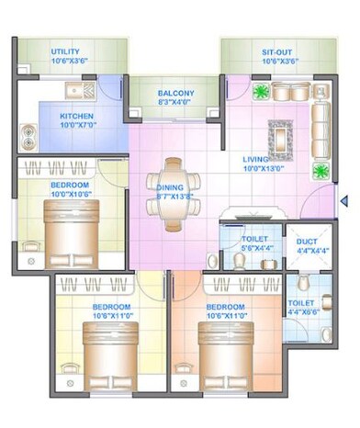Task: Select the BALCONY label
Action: pyautogui.click(x=175, y=93)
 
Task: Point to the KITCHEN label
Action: pyautogui.click(x=78, y=116)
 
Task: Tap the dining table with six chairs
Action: pyautogui.click(x=174, y=194)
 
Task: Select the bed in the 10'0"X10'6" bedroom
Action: pyautogui.click(x=69, y=223)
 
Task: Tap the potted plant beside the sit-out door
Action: pyautogui.click(x=260, y=93)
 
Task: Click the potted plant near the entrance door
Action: pyautogui.click(x=321, y=171)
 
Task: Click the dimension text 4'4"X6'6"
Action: pyautogui.click(x=301, y=312)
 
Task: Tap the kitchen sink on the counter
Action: pyautogui.click(x=76, y=91)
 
